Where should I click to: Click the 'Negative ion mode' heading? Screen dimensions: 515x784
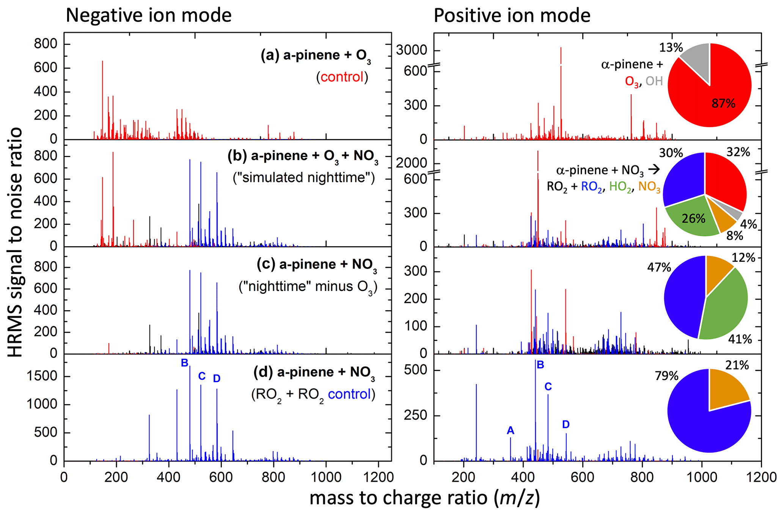click(x=149, y=16)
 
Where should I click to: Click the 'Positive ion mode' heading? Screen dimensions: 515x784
click(x=512, y=16)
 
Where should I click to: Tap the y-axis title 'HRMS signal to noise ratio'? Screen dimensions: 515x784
click(x=15, y=243)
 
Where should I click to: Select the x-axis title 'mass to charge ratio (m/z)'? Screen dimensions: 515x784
click(x=424, y=498)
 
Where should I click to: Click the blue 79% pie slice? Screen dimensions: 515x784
click(x=698, y=421)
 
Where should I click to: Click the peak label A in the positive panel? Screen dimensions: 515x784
click(x=511, y=430)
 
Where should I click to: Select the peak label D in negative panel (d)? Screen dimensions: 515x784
click(x=217, y=378)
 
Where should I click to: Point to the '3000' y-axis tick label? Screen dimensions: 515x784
click(x=411, y=50)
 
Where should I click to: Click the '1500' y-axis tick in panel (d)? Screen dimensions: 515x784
click(x=42, y=376)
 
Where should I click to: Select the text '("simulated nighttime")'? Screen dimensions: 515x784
click(x=304, y=177)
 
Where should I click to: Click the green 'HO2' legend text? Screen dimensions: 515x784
click(x=620, y=187)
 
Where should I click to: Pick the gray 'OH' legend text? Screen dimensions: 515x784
click(x=654, y=81)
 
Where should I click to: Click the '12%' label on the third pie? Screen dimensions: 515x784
click(x=743, y=258)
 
